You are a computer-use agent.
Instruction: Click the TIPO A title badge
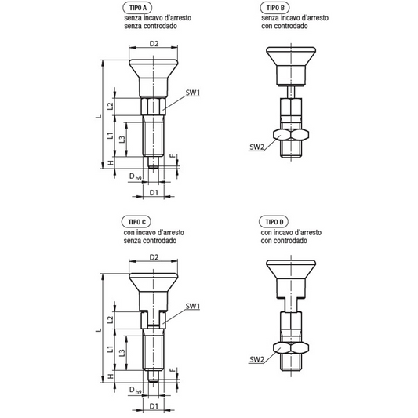coord(137,8)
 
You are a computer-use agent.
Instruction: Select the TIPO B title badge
coord(274,8)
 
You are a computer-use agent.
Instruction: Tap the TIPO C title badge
coord(136,222)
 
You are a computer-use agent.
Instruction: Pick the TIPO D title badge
coord(274,222)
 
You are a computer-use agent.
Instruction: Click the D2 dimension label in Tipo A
coord(154,43)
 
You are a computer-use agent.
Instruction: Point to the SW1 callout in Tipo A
coord(193,93)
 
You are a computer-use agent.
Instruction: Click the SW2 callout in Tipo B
coord(256,147)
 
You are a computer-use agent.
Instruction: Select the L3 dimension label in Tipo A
coord(122,139)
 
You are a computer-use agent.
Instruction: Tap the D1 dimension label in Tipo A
coord(154,192)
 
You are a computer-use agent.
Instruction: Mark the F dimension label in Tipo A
coord(173,156)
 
